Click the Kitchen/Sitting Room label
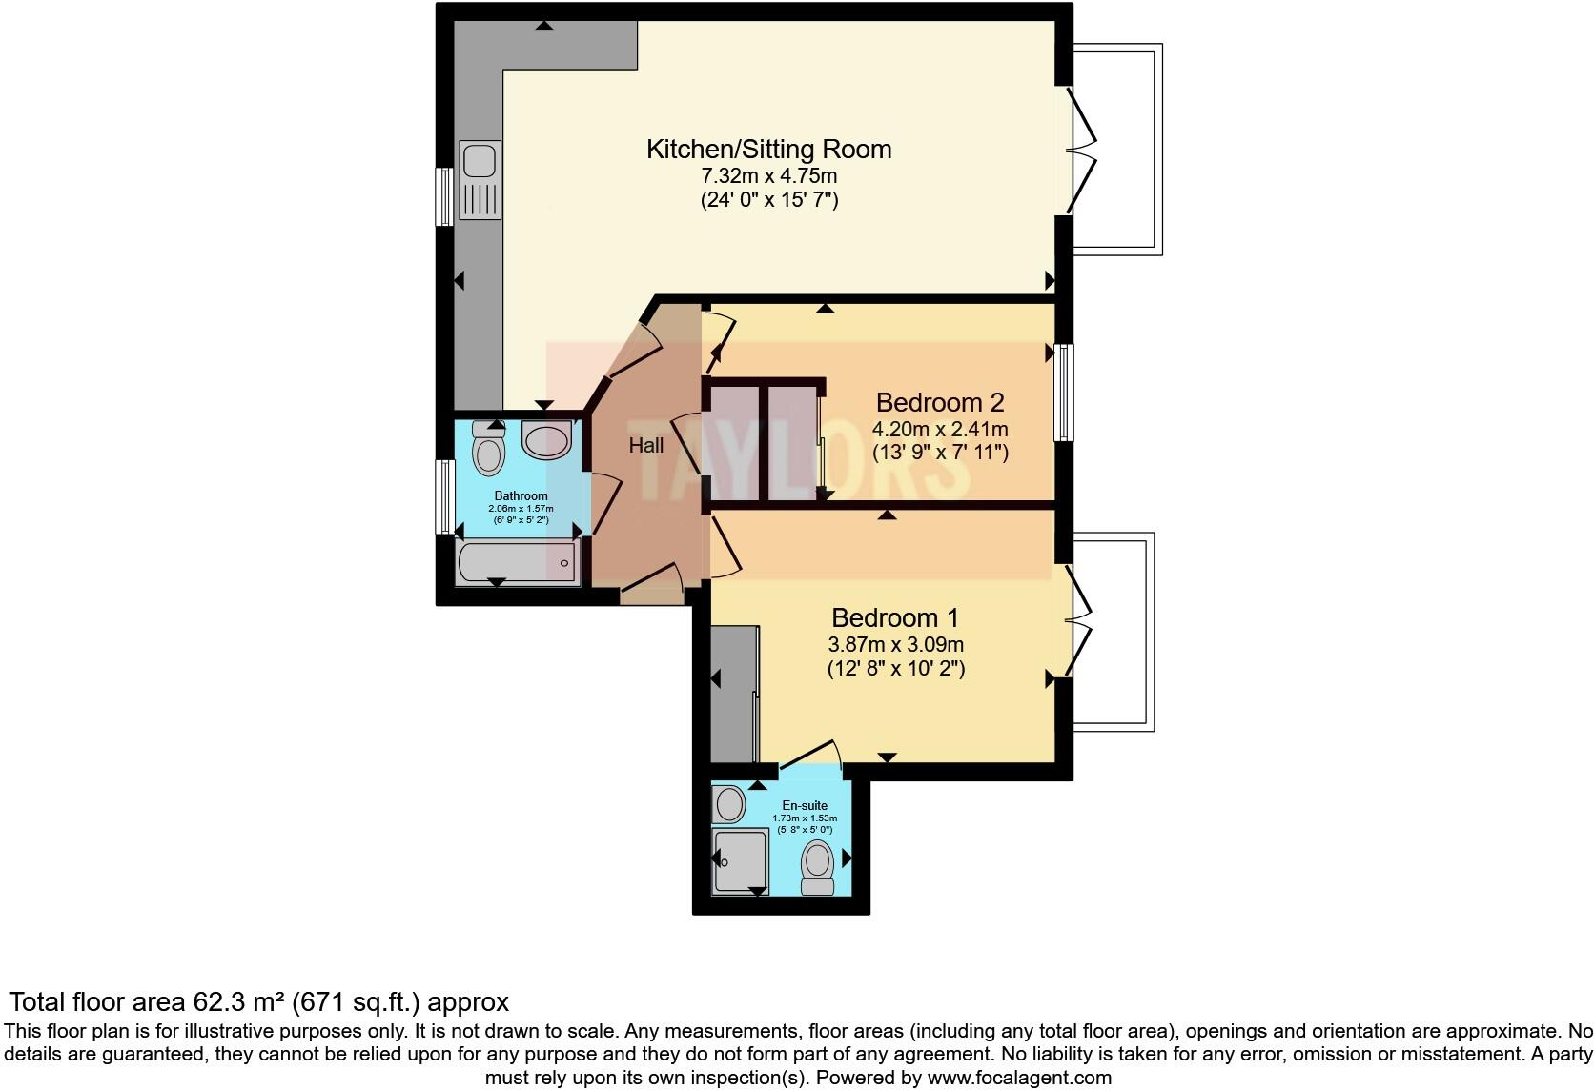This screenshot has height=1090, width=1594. (x=768, y=150)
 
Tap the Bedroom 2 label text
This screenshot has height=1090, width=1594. (x=939, y=402)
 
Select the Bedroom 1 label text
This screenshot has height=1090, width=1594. (x=894, y=617)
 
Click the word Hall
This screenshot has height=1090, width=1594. (x=645, y=445)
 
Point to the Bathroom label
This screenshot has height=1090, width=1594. (x=521, y=496)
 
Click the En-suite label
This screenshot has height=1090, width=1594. (x=805, y=806)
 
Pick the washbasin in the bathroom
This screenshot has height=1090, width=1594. (x=546, y=442)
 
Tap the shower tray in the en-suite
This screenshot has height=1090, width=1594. (x=740, y=859)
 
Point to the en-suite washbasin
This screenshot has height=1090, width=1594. (x=729, y=804)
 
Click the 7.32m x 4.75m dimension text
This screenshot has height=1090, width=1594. (x=768, y=176)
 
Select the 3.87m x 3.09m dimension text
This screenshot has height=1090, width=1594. (x=894, y=644)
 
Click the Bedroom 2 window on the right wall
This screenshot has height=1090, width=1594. (x=1063, y=392)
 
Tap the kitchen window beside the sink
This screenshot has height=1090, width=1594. (x=444, y=197)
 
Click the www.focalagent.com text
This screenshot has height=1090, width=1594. (x=1019, y=1079)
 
